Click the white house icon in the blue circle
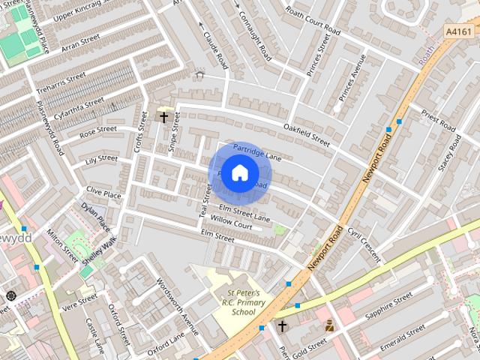coord(239,172)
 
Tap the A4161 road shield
coord(458,31)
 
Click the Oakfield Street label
coord(306,135)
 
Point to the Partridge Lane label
coord(256,152)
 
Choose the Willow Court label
coord(231,223)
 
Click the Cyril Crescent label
coord(364,246)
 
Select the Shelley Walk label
coord(100,250)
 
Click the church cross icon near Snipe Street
coord(163,117)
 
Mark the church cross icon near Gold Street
coord(283,326)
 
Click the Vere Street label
coord(79,301)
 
